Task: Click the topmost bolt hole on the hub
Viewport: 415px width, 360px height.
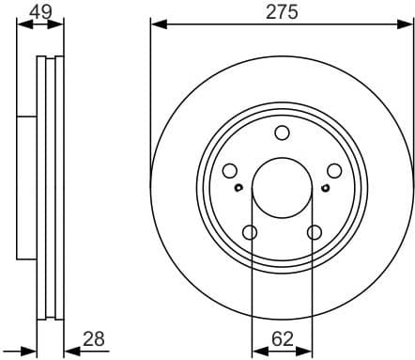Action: click(x=282, y=133)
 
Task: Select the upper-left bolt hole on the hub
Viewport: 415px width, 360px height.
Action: click(x=229, y=171)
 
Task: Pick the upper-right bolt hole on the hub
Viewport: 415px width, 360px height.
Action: click(x=333, y=171)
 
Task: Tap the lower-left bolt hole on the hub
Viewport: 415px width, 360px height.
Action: click(x=250, y=232)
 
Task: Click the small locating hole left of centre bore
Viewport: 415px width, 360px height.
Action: click(x=238, y=188)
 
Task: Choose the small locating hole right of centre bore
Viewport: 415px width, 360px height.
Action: click(x=324, y=188)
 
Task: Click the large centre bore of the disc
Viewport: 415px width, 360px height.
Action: click(x=282, y=187)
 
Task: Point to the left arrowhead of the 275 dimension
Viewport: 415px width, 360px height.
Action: click(x=156, y=23)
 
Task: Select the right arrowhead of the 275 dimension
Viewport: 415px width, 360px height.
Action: click(x=407, y=23)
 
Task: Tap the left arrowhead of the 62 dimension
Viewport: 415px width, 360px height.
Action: click(x=256, y=350)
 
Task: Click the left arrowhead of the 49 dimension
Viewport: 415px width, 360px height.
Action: click(x=22, y=23)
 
